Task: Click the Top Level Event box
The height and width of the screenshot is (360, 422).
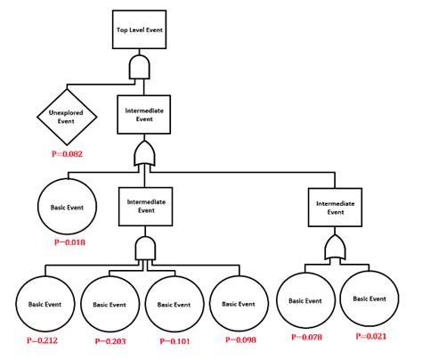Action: [x=140, y=29]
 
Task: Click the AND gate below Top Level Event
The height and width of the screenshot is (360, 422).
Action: [x=140, y=67]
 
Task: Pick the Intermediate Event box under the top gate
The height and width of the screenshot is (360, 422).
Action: [x=141, y=114]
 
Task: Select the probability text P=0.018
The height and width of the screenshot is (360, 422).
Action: [x=70, y=241]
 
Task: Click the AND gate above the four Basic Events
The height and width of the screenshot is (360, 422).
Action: [x=143, y=250]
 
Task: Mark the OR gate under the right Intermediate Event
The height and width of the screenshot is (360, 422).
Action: [x=335, y=246]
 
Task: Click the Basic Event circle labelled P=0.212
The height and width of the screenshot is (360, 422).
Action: [x=43, y=303]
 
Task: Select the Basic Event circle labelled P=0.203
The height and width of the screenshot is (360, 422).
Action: [x=108, y=303]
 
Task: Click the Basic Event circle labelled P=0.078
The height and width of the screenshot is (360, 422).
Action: [x=304, y=300]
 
